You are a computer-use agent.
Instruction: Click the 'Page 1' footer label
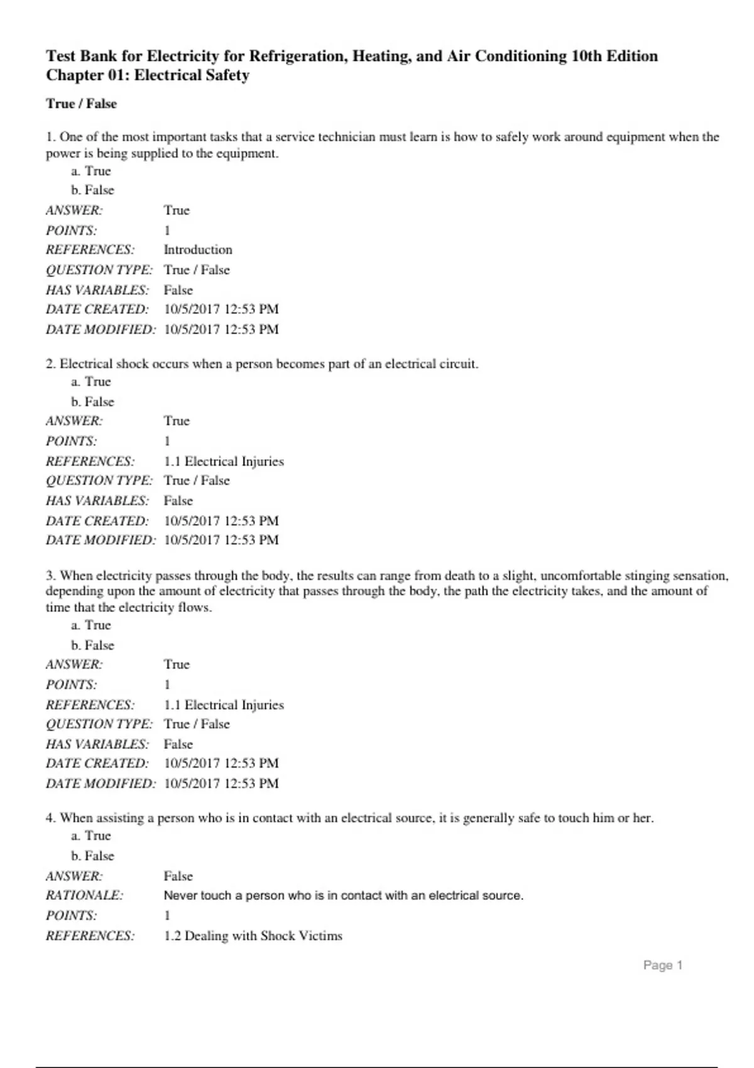click(662, 966)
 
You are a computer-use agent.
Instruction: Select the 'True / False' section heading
click(81, 104)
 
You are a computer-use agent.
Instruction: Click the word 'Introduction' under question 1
click(198, 249)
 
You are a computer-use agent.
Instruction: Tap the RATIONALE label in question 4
click(84, 895)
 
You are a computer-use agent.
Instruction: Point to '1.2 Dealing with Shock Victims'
click(253, 935)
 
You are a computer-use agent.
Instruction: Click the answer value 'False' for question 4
click(178, 876)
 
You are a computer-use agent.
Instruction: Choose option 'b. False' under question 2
click(92, 401)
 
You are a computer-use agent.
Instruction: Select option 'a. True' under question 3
click(90, 625)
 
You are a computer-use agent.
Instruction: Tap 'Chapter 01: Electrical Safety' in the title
click(148, 75)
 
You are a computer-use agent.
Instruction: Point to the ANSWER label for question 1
click(74, 210)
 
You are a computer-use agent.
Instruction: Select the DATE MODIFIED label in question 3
click(100, 783)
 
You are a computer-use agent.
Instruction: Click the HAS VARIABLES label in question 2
click(97, 501)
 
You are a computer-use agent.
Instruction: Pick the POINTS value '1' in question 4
click(167, 915)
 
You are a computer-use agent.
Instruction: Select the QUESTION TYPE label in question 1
click(99, 270)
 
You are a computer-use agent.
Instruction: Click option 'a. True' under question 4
click(90, 836)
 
